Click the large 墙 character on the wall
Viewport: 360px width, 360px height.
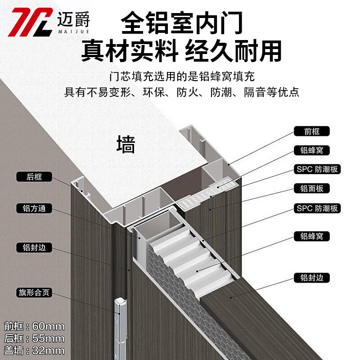pos(126,145)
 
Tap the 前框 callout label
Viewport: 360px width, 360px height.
pos(312,131)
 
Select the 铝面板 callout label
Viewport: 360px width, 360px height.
pos(312,189)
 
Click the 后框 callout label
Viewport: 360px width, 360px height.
pos(34,177)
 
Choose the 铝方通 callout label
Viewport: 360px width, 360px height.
pos(34,208)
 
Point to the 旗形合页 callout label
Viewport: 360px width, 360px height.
pos(34,292)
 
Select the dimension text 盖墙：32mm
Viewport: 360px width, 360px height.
pos(34,350)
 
